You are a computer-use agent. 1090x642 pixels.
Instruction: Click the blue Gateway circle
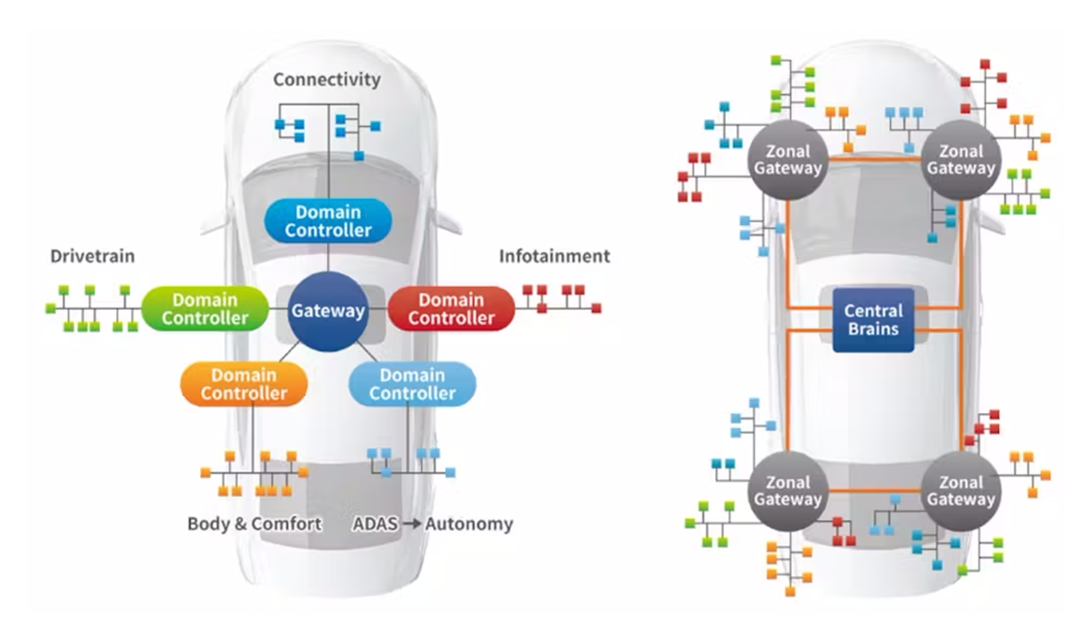coord(328,311)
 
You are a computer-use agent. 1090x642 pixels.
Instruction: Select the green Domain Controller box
coord(204,308)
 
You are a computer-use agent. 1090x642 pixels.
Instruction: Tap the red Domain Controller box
coord(451,308)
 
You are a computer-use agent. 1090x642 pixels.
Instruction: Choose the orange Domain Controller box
coord(244,384)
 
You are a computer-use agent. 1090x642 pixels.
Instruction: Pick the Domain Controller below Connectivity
coord(328,221)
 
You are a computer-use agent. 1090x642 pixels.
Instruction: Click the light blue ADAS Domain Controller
coord(412,384)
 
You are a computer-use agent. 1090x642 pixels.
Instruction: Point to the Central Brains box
coord(873,320)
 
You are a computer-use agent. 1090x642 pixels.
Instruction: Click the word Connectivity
coord(327,80)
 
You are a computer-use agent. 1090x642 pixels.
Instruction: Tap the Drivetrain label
coord(92,256)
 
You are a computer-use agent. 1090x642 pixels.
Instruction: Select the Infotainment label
coord(554,256)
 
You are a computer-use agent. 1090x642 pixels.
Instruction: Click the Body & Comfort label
coord(255,524)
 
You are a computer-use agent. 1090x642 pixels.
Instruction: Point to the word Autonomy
coord(469,524)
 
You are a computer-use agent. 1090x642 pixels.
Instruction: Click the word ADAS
coord(375,524)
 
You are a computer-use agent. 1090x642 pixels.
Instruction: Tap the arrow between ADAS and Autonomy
coord(412,524)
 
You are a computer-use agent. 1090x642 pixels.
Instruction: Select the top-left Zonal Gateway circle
coord(788,159)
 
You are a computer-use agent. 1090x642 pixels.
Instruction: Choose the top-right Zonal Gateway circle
coord(961,159)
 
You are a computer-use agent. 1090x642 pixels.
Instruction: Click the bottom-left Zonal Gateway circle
coord(788,490)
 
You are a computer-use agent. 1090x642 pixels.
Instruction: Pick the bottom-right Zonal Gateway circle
coord(961,490)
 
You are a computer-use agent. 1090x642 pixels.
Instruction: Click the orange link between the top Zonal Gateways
coord(875,158)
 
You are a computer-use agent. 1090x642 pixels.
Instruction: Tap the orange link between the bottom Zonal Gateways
coord(875,490)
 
